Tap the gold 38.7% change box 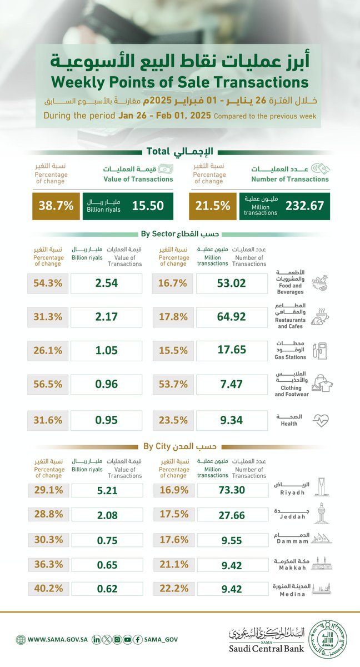[x=56, y=206]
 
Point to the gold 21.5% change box [x=212, y=206]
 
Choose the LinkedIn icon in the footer [x=97, y=640]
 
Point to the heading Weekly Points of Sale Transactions [x=179, y=82]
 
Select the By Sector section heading [x=179, y=233]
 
